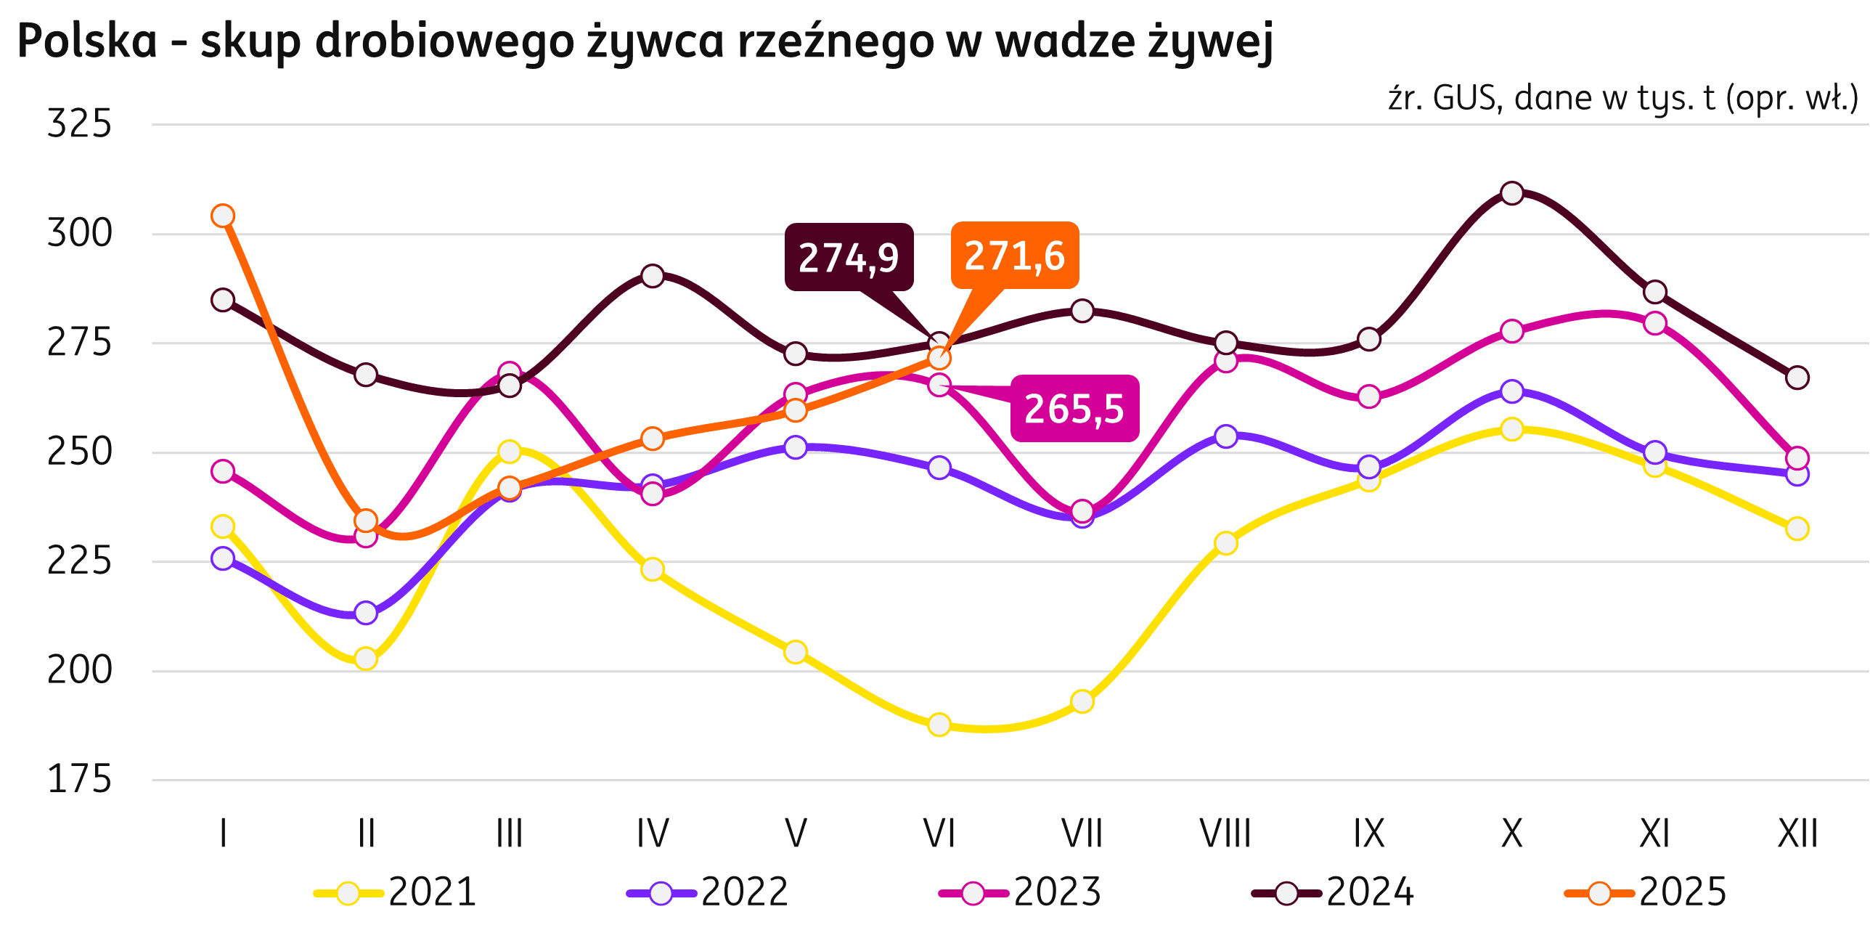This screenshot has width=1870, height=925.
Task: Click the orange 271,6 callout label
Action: pos(1014,256)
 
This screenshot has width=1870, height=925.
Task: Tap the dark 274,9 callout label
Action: pos(849,257)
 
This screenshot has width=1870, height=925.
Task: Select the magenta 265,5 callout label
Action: pos(1074,408)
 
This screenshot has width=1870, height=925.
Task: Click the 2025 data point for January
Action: pos(223,216)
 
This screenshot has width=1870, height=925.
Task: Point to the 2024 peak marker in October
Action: pos(1511,193)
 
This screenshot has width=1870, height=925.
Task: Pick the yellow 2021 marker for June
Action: pos(939,724)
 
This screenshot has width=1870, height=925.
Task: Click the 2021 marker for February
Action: pos(366,659)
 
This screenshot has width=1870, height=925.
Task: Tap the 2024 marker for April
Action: pos(653,276)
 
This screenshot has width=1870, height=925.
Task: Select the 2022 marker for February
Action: pos(366,613)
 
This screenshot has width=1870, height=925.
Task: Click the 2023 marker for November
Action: pos(1654,323)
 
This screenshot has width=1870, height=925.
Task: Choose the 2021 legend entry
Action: pos(396,892)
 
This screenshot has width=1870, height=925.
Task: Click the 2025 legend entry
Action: pos(1646,892)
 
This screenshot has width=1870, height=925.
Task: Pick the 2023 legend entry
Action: pos(1021,892)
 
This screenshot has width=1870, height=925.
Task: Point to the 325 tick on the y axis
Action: pos(80,123)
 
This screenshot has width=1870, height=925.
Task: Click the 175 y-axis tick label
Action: pos(80,780)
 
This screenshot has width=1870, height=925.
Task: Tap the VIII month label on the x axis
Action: pos(1225,834)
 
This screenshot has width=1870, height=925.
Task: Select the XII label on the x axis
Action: pos(1797,834)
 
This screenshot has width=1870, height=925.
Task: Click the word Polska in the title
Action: pos(87,41)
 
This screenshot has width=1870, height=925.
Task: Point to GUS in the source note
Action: pos(1465,99)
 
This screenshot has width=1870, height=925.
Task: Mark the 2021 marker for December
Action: pos(1797,529)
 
